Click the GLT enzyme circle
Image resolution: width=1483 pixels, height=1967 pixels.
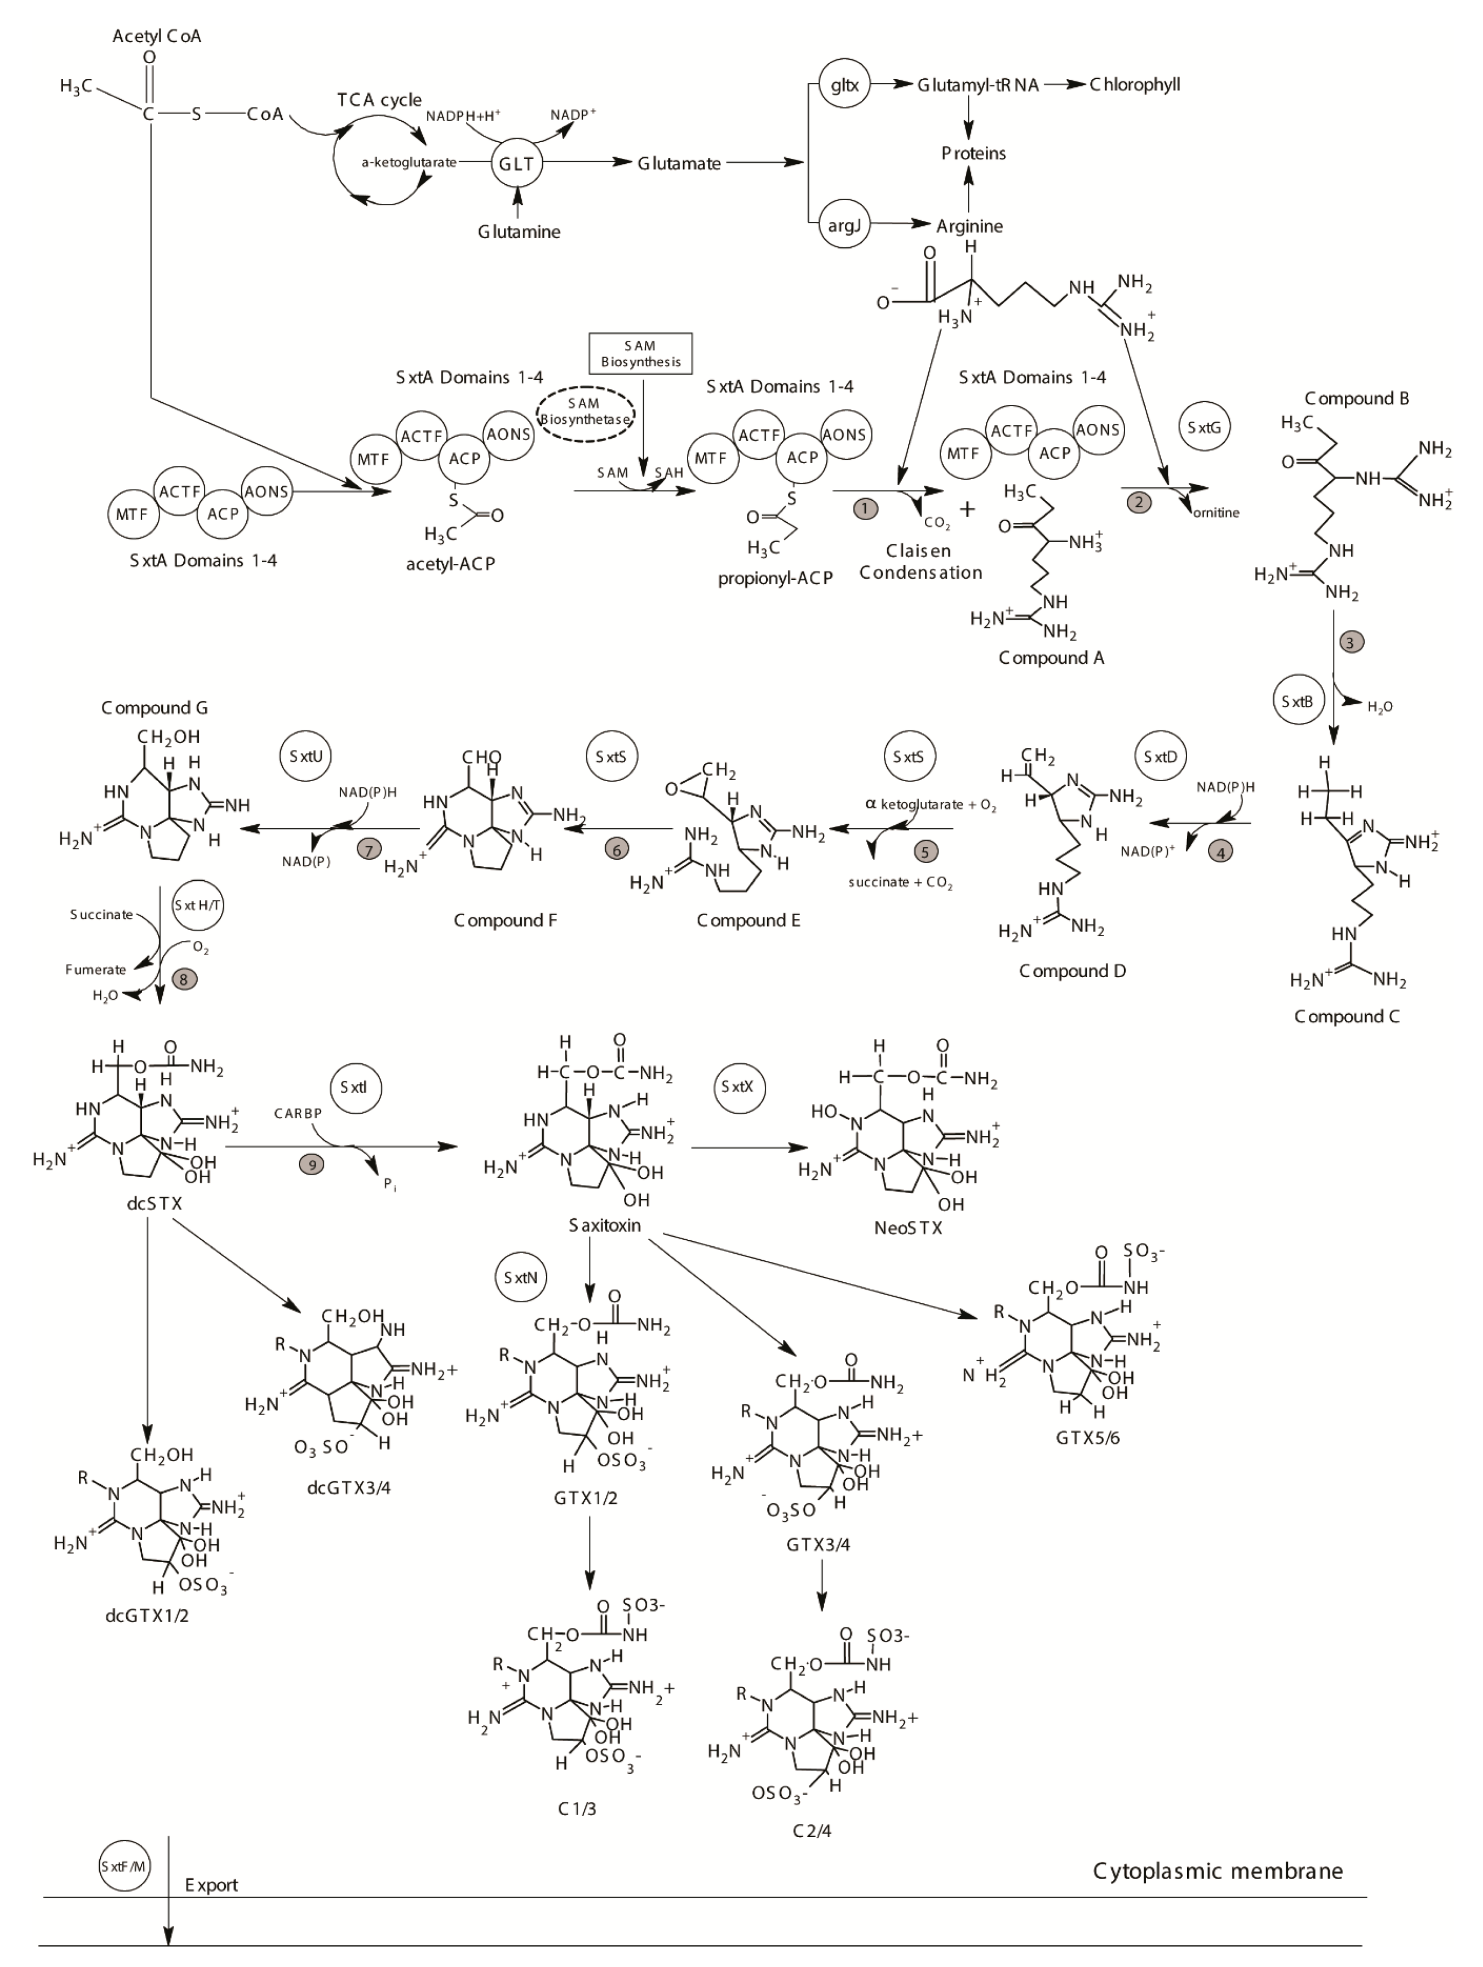click(x=516, y=163)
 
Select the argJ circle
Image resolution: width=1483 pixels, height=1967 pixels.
click(x=843, y=226)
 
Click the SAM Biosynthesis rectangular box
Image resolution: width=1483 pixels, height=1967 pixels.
click(x=640, y=353)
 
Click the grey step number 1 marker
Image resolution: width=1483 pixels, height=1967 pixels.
click(x=865, y=509)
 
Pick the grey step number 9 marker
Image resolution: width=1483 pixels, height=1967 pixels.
click(x=311, y=1164)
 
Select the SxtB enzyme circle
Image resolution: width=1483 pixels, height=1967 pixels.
click(x=1297, y=701)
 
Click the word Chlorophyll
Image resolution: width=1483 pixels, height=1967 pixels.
click(x=1135, y=86)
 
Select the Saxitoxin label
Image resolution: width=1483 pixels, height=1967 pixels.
click(x=605, y=1226)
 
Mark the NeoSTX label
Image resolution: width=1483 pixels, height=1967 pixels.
click(x=907, y=1228)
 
